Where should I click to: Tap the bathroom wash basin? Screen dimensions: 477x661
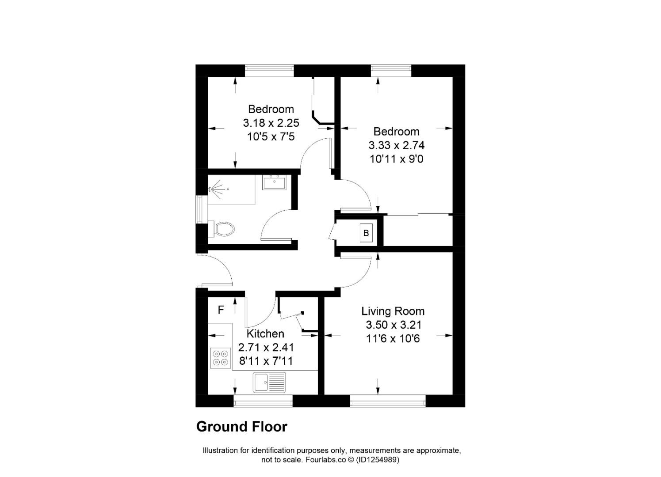274,182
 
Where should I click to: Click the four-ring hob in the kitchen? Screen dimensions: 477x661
221,358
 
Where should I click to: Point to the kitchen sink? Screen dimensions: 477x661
269,382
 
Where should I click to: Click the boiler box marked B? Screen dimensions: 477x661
366,233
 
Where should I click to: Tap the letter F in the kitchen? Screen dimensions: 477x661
221,310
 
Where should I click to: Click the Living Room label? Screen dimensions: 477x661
393,311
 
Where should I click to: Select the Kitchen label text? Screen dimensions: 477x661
265,333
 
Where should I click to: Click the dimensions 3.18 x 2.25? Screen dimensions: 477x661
271,123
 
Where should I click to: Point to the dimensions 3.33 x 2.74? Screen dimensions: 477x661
396,145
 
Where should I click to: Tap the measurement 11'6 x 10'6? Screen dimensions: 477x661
393,339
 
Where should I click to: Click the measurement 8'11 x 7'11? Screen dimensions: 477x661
266,361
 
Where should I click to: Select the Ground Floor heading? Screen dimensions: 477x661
241,427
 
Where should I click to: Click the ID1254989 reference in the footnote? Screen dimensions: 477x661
379,460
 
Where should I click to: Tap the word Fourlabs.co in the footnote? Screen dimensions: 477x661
323,460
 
